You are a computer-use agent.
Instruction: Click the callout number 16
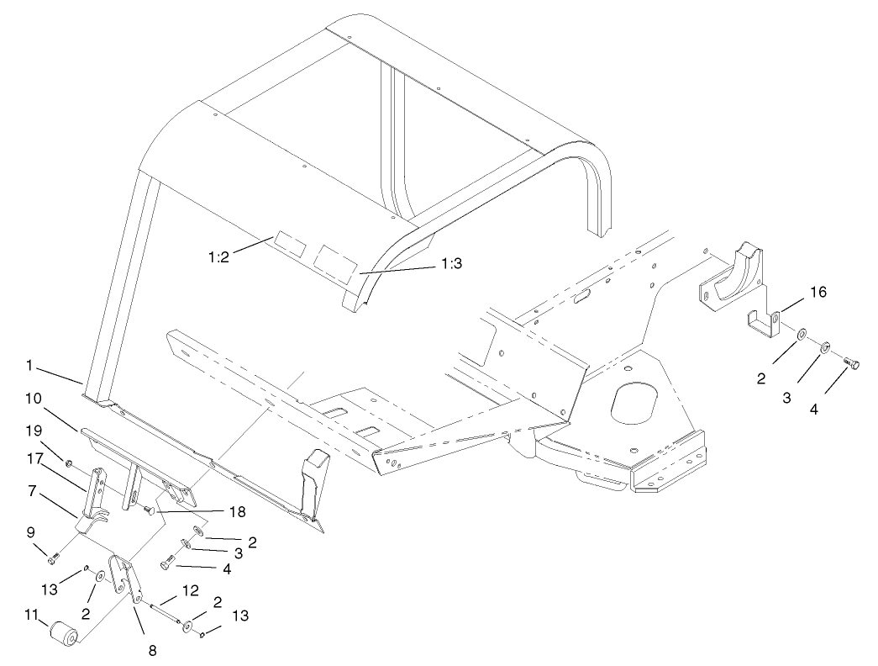pyautogui.click(x=818, y=292)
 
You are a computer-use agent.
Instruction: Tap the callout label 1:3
pyautogui.click(x=452, y=263)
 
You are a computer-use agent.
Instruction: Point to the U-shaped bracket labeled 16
pyautogui.click(x=763, y=324)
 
